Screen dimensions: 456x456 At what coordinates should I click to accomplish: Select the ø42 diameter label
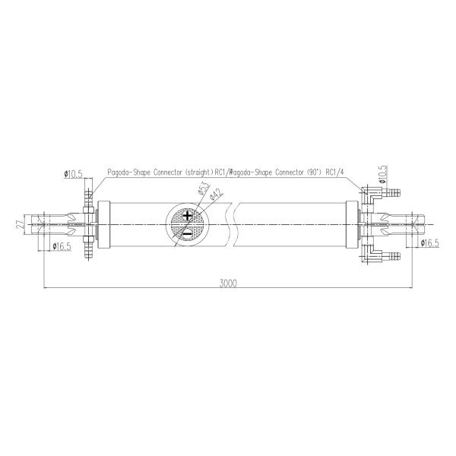tap(214, 195)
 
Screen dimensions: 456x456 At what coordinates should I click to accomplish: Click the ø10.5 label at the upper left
tap(74, 174)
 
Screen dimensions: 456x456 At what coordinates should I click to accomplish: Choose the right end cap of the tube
tap(352, 225)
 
